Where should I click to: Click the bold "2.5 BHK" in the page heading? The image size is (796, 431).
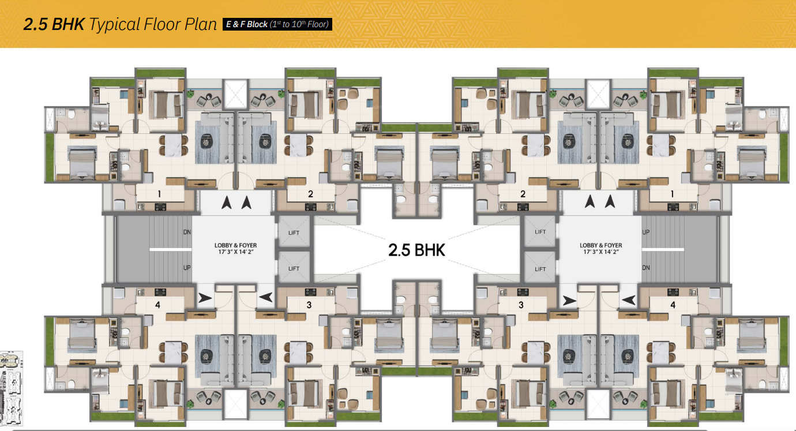(54, 24)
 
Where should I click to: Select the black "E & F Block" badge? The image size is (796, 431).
(277, 24)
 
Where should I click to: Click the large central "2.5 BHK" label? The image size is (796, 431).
(416, 250)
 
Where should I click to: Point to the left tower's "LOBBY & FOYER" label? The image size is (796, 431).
(235, 245)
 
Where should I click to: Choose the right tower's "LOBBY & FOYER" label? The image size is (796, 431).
(601, 245)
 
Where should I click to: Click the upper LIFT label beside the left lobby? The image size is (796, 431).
(294, 233)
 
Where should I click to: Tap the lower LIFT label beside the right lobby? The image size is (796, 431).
(540, 269)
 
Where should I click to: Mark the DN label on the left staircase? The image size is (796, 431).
(187, 232)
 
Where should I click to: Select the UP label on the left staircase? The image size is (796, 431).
(187, 268)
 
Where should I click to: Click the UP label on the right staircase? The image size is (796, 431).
(646, 232)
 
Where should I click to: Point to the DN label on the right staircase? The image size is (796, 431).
(646, 268)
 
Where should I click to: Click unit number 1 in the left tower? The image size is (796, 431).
(159, 194)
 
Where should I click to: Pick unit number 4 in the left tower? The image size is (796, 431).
(158, 305)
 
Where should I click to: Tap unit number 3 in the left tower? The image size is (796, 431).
(309, 305)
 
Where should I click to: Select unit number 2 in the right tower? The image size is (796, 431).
(523, 194)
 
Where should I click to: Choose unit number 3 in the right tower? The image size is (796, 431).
(521, 305)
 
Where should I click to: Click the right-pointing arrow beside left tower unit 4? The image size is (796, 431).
(205, 298)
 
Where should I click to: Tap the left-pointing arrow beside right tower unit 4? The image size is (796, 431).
(629, 300)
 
